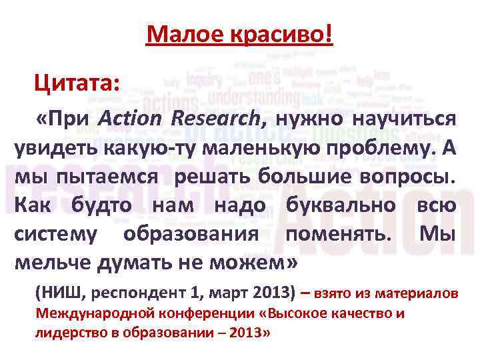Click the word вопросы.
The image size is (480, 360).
point(409,177)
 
